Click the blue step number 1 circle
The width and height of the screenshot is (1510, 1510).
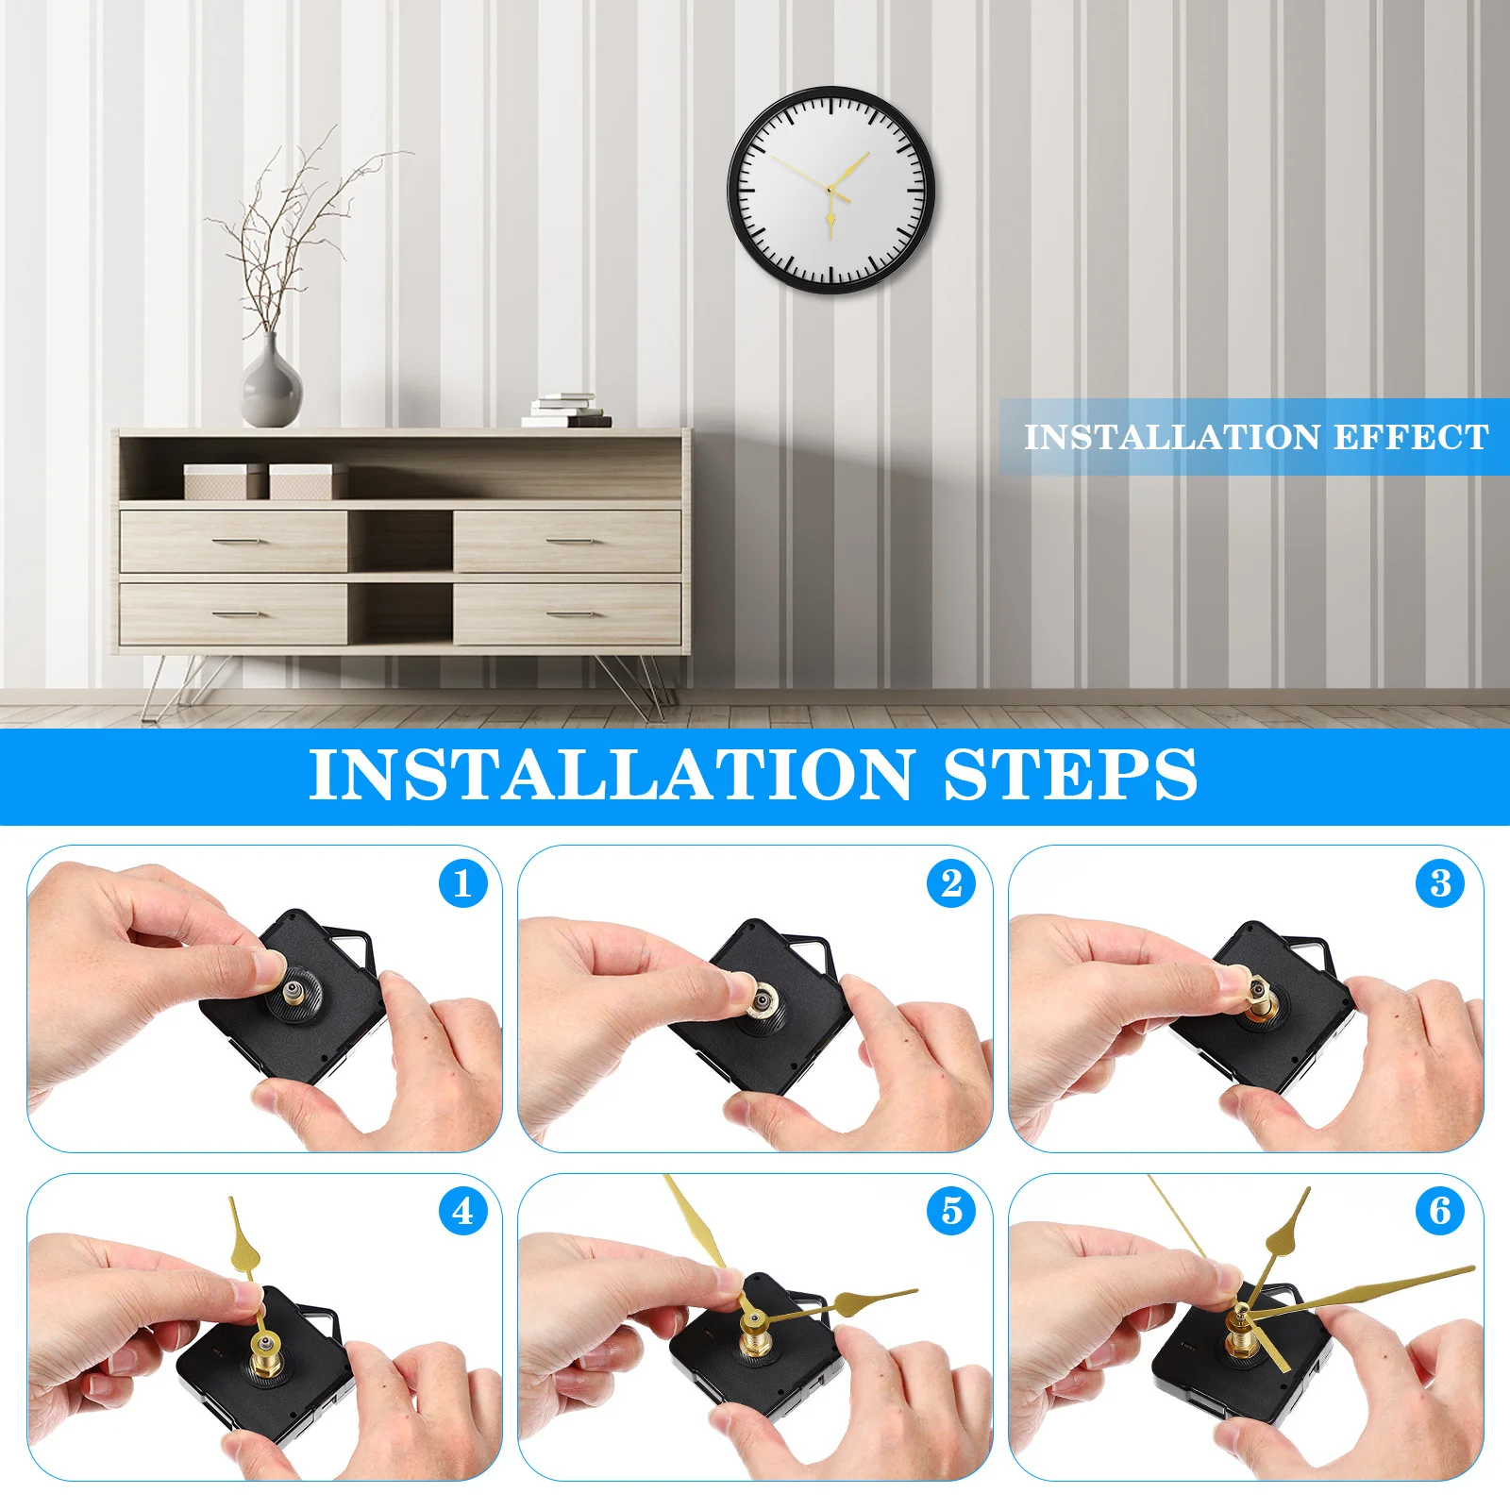tap(462, 884)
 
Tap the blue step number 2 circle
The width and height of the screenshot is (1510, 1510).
tap(951, 884)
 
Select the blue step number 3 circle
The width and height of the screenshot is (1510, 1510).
tap(1440, 884)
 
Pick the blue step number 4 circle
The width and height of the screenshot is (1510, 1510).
tap(462, 1212)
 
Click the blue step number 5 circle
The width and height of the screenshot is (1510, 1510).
tap(951, 1212)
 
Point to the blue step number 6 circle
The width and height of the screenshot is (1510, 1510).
tap(1440, 1212)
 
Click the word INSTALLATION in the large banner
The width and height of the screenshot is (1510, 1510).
tap(612, 776)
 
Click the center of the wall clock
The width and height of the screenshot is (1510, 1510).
tap(830, 190)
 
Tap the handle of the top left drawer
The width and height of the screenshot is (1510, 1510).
tap(233, 542)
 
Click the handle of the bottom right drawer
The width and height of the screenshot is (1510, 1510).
tap(568, 614)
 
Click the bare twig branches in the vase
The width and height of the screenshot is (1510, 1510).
tap(283, 236)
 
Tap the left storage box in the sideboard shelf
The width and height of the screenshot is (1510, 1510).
tap(215, 481)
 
